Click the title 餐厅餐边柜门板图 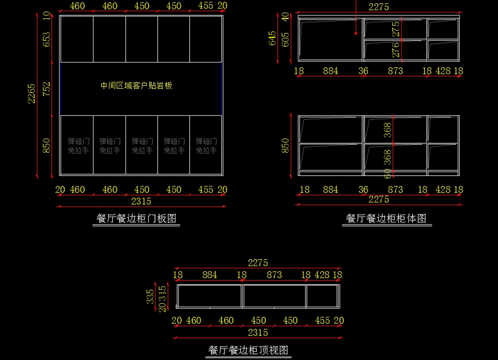tap(136, 218)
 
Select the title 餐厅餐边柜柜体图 tap(386, 218)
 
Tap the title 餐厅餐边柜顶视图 tap(248, 350)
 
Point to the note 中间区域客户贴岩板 tap(136, 86)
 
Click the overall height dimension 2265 tap(32, 93)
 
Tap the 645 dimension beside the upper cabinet tap(272, 38)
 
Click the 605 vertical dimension tap(286, 40)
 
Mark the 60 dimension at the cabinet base tap(387, 173)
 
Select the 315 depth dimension tap(163, 292)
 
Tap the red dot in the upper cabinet tap(356, 33)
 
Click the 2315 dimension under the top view tap(258, 333)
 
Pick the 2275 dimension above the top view tap(258, 263)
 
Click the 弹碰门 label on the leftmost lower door tap(78, 141)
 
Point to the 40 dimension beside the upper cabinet tap(285, 17)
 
